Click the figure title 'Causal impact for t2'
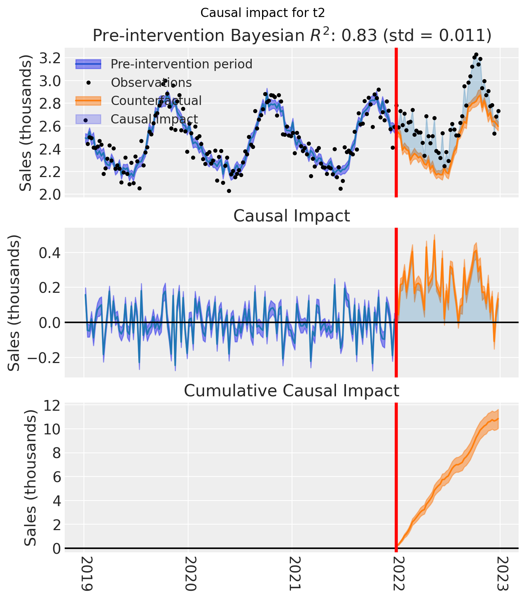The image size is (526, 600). [262, 13]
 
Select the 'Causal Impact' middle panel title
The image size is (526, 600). [292, 216]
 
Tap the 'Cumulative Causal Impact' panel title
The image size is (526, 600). [292, 391]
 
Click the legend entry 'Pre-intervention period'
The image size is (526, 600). [181, 64]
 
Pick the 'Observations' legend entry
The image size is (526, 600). [151, 82]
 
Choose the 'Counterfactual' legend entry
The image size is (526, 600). [156, 101]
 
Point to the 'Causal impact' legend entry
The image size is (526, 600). [154, 119]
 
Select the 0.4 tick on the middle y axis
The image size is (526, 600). [49, 253]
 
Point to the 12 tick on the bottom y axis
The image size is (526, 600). [52, 406]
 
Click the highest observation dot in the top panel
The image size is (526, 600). [476, 55]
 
